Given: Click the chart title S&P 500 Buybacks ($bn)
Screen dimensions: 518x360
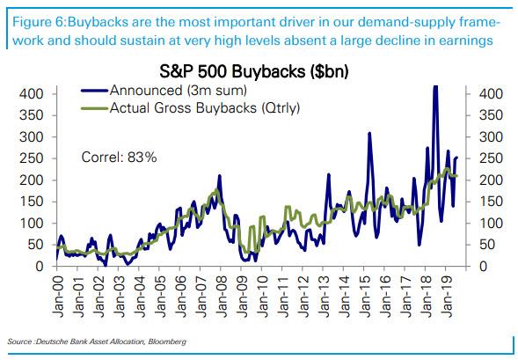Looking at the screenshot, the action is (x=253, y=71).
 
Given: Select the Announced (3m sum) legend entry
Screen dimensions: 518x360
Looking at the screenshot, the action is (x=164, y=91).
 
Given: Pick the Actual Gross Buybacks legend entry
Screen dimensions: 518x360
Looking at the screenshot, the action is (x=191, y=107).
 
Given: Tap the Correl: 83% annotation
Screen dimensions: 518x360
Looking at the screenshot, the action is (x=119, y=157).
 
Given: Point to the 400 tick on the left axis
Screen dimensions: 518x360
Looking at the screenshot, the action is (x=31, y=94).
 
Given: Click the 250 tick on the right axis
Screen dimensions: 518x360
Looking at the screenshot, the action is (x=491, y=158).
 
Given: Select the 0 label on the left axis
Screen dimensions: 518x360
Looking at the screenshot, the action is (x=40, y=266).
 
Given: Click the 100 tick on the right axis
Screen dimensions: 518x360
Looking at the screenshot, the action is (x=491, y=224).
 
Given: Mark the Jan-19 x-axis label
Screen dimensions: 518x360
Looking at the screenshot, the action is (x=448, y=295).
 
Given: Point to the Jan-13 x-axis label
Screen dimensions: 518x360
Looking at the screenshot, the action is (x=325, y=295).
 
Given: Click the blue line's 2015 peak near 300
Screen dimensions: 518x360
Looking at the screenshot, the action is (x=369, y=133).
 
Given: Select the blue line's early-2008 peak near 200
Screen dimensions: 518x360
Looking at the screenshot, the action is (x=219, y=176).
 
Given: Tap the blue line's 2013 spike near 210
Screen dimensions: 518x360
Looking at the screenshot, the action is (x=329, y=174).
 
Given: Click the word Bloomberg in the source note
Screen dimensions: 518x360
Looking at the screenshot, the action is (x=167, y=342).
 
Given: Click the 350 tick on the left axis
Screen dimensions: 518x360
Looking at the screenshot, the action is (x=31, y=115).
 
